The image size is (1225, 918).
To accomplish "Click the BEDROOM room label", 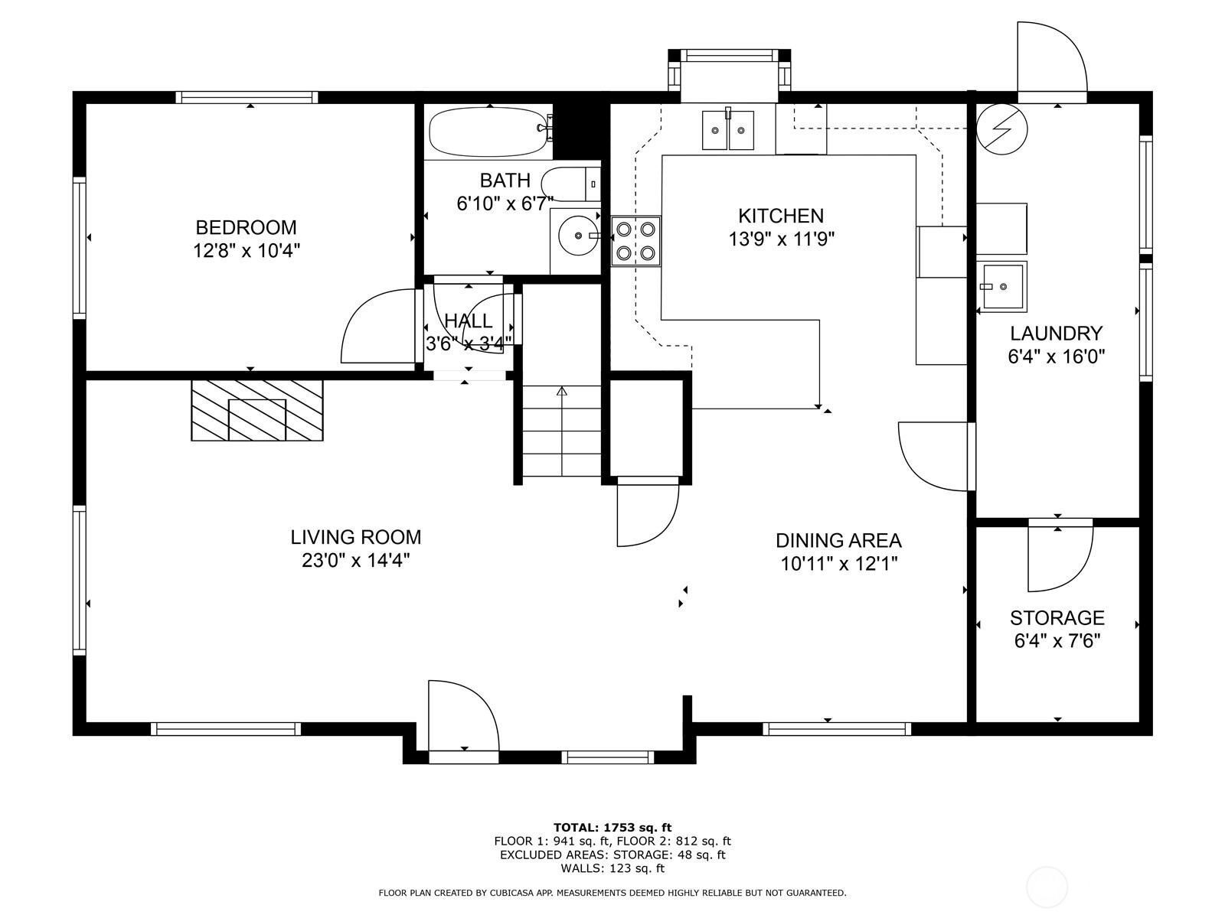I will click(246, 227).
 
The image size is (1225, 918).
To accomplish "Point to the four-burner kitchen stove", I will click(636, 241).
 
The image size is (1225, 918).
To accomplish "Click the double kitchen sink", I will click(728, 131).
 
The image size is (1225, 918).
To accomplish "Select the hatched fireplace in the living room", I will click(257, 411).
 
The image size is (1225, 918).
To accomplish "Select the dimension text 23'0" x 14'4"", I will click(355, 561).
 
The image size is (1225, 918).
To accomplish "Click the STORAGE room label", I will click(1057, 617).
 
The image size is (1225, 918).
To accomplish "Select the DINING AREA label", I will click(838, 540).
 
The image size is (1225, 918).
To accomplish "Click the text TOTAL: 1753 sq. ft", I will click(612, 827).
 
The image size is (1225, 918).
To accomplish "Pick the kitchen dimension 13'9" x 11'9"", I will click(780, 239).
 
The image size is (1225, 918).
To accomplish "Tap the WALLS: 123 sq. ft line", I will click(612, 868).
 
